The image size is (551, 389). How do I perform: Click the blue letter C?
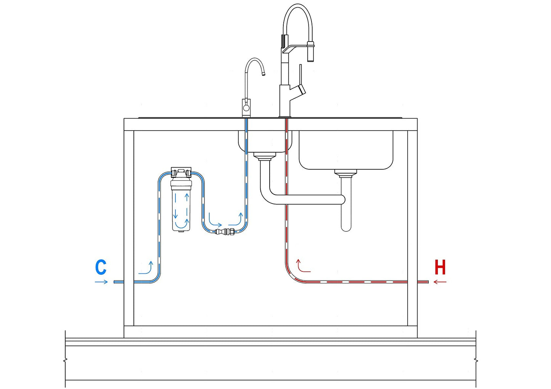(x=101, y=267)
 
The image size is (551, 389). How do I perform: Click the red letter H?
(x=440, y=267)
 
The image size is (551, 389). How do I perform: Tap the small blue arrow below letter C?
(x=101, y=282)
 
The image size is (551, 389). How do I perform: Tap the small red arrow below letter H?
(x=440, y=282)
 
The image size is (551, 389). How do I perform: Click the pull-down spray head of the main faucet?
(x=310, y=51)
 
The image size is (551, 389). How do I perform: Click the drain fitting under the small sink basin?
(x=265, y=156)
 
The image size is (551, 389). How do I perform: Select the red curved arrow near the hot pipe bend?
(x=303, y=266)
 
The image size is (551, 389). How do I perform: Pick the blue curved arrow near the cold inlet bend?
(x=146, y=269)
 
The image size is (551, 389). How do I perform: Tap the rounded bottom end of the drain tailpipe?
(x=346, y=228)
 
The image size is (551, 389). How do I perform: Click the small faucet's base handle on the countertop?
(x=246, y=108)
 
